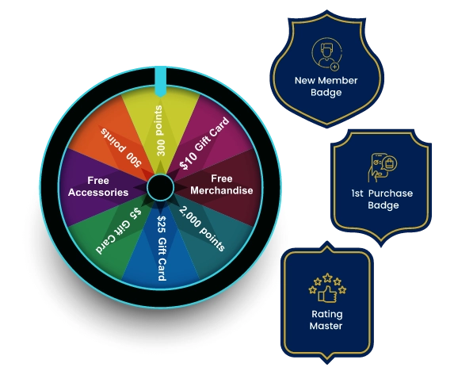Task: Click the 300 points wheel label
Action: pos(159,131)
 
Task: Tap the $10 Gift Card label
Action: pos(204,143)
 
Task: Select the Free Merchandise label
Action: pos(222,185)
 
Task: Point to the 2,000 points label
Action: pos(202,228)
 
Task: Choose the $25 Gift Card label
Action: pos(162,248)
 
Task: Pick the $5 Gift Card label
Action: pos(119,232)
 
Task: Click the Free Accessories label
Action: pos(98,186)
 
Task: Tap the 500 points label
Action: pos(120,147)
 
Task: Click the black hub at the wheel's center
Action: pos(160,187)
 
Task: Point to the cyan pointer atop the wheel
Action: pos(160,82)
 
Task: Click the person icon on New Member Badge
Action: pos(326,54)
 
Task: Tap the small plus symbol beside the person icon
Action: pos(334,67)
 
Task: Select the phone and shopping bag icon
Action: pos(383,167)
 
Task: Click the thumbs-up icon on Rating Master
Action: pos(327,294)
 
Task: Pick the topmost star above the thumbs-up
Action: pos(327,277)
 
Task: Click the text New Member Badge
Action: pos(326,86)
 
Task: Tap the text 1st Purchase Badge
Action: pos(382,199)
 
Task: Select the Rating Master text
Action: pos(326,320)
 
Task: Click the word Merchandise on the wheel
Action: pos(222,190)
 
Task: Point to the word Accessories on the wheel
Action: pos(98,193)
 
